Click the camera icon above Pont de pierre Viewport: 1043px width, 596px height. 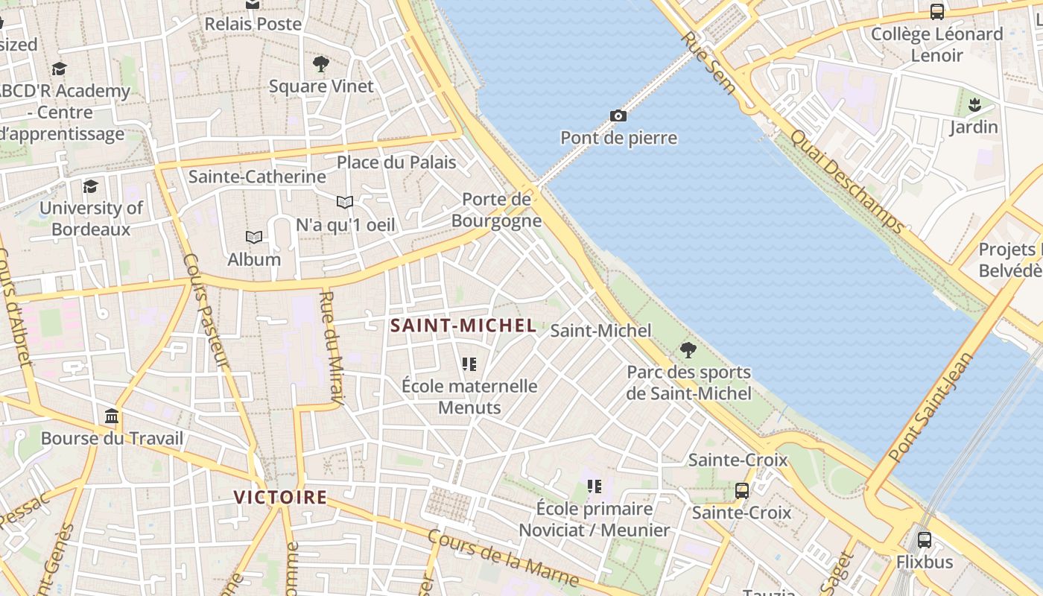click(x=618, y=115)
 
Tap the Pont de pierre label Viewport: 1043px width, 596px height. click(x=618, y=138)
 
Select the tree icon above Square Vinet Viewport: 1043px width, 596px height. click(x=321, y=64)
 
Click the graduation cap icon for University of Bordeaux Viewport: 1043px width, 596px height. click(x=91, y=186)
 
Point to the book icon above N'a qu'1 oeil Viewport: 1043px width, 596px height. click(x=344, y=202)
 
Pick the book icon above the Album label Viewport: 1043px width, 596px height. click(x=254, y=237)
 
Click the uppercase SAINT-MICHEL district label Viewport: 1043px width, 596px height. click(x=463, y=326)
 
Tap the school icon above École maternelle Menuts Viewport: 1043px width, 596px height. click(x=469, y=364)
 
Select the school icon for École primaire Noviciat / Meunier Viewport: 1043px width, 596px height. click(x=594, y=486)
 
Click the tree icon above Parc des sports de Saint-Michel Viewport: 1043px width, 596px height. click(x=688, y=349)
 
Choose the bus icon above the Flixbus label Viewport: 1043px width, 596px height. click(x=924, y=539)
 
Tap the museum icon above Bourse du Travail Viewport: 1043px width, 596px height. click(x=112, y=416)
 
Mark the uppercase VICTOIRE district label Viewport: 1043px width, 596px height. click(x=280, y=497)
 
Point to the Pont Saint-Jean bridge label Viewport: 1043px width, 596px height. click(x=931, y=407)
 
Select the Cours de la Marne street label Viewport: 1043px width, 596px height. click(x=503, y=558)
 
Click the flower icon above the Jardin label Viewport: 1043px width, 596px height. click(x=974, y=105)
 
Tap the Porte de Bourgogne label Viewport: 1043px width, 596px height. click(x=496, y=210)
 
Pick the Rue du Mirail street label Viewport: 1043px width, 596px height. click(x=331, y=349)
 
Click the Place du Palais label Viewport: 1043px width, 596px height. click(x=396, y=162)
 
